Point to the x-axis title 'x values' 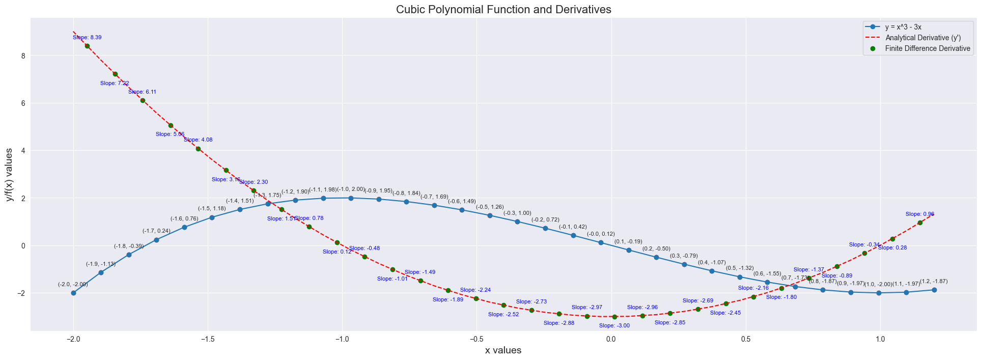(x=503, y=350)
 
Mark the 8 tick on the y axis (x=22, y=56)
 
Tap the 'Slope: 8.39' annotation (x=87, y=38)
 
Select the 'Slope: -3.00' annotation (x=614, y=326)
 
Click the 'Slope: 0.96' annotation (x=920, y=214)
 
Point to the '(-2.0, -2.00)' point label (x=73, y=285)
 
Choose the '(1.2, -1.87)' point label (x=934, y=282)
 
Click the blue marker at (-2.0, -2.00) (x=73, y=293)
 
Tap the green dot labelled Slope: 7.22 (x=115, y=74)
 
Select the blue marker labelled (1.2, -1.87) (x=934, y=290)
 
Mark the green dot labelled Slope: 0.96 (x=920, y=223)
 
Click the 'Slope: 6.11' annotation (x=143, y=92)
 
